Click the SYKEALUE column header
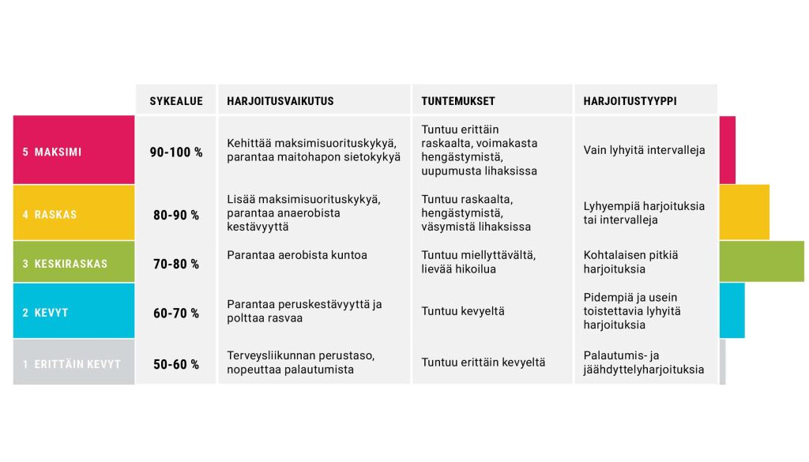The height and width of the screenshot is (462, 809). click(176, 101)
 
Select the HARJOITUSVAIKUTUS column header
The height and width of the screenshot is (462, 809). click(280, 101)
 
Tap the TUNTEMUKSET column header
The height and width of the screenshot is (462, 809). click(458, 101)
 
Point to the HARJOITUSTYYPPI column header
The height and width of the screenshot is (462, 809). click(630, 101)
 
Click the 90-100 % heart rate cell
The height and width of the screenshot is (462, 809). click(176, 152)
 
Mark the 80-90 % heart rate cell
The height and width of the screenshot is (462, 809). click(176, 215)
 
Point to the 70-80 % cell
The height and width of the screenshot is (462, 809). click(176, 264)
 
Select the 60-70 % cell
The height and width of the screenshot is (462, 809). click(176, 314)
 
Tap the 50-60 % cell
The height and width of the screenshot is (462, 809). click(176, 365)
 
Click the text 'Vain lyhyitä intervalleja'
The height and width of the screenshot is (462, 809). click(644, 150)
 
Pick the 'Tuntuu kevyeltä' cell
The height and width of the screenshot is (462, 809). click(463, 311)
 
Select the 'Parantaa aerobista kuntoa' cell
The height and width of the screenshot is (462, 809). click(297, 255)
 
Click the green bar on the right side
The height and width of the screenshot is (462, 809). click(761, 261)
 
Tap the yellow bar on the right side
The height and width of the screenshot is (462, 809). click(743, 212)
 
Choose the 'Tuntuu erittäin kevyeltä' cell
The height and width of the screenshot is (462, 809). click(484, 362)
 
